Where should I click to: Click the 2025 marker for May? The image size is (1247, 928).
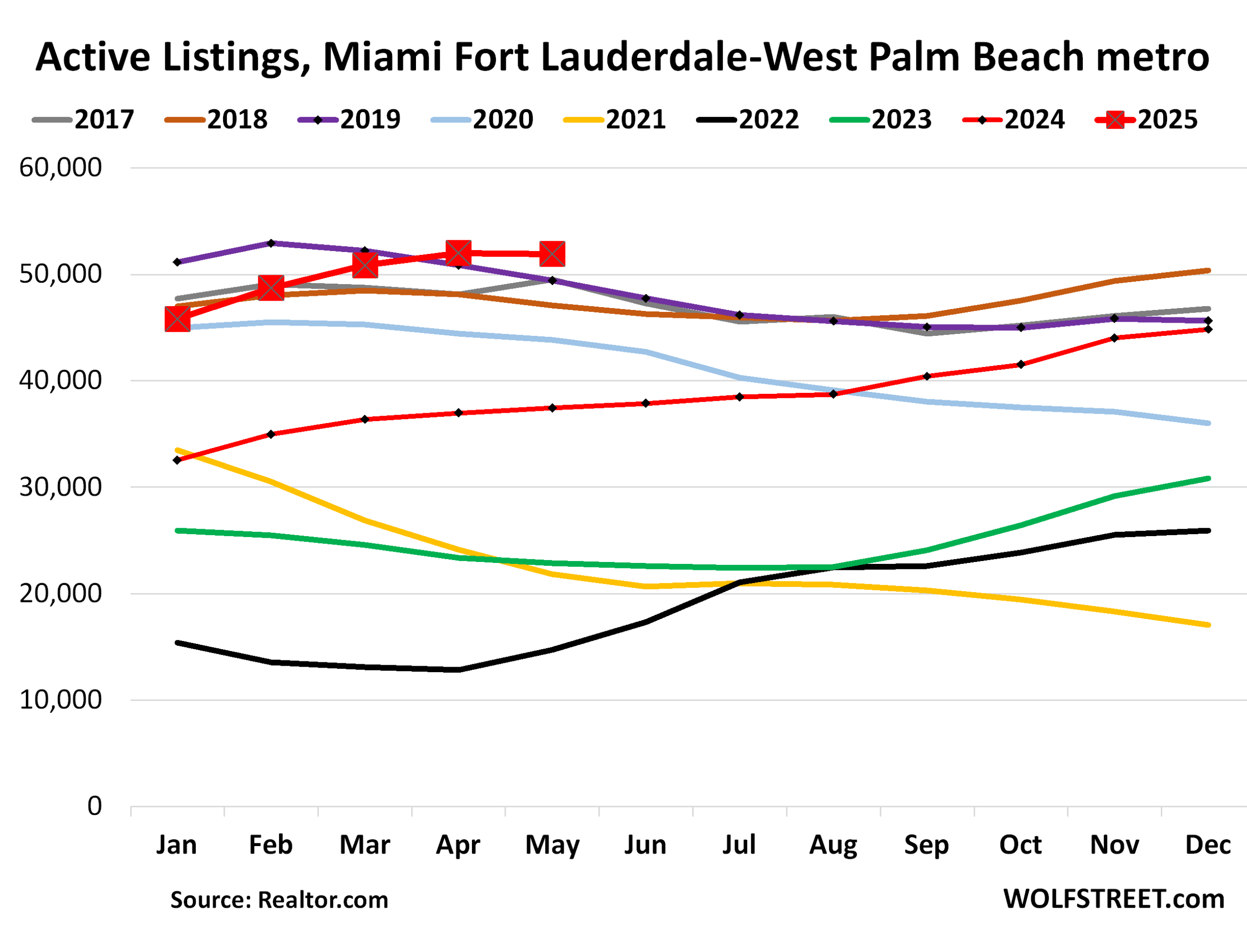coord(552,254)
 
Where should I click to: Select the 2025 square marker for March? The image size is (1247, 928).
coord(365,265)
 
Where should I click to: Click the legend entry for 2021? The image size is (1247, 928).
coord(615,119)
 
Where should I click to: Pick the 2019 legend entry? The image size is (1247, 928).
coord(349,119)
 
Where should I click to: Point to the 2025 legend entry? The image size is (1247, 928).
coord(1147,119)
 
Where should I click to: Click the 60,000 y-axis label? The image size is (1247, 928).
coord(60,167)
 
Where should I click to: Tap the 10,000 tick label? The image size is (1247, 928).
coord(60,700)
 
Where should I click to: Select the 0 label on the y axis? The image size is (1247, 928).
coord(94,806)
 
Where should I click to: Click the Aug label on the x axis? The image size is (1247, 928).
coord(833,845)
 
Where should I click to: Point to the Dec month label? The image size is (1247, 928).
coord(1208,845)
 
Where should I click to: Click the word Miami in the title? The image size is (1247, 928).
coord(382,58)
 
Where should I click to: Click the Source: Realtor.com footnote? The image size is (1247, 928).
coord(279,900)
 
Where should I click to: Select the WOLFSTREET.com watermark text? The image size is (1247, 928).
coord(1114,899)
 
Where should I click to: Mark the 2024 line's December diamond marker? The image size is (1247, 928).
coord(1208,329)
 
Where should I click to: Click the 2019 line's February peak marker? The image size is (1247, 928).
coord(271,243)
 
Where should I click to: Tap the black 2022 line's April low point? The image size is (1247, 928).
coord(459,670)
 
